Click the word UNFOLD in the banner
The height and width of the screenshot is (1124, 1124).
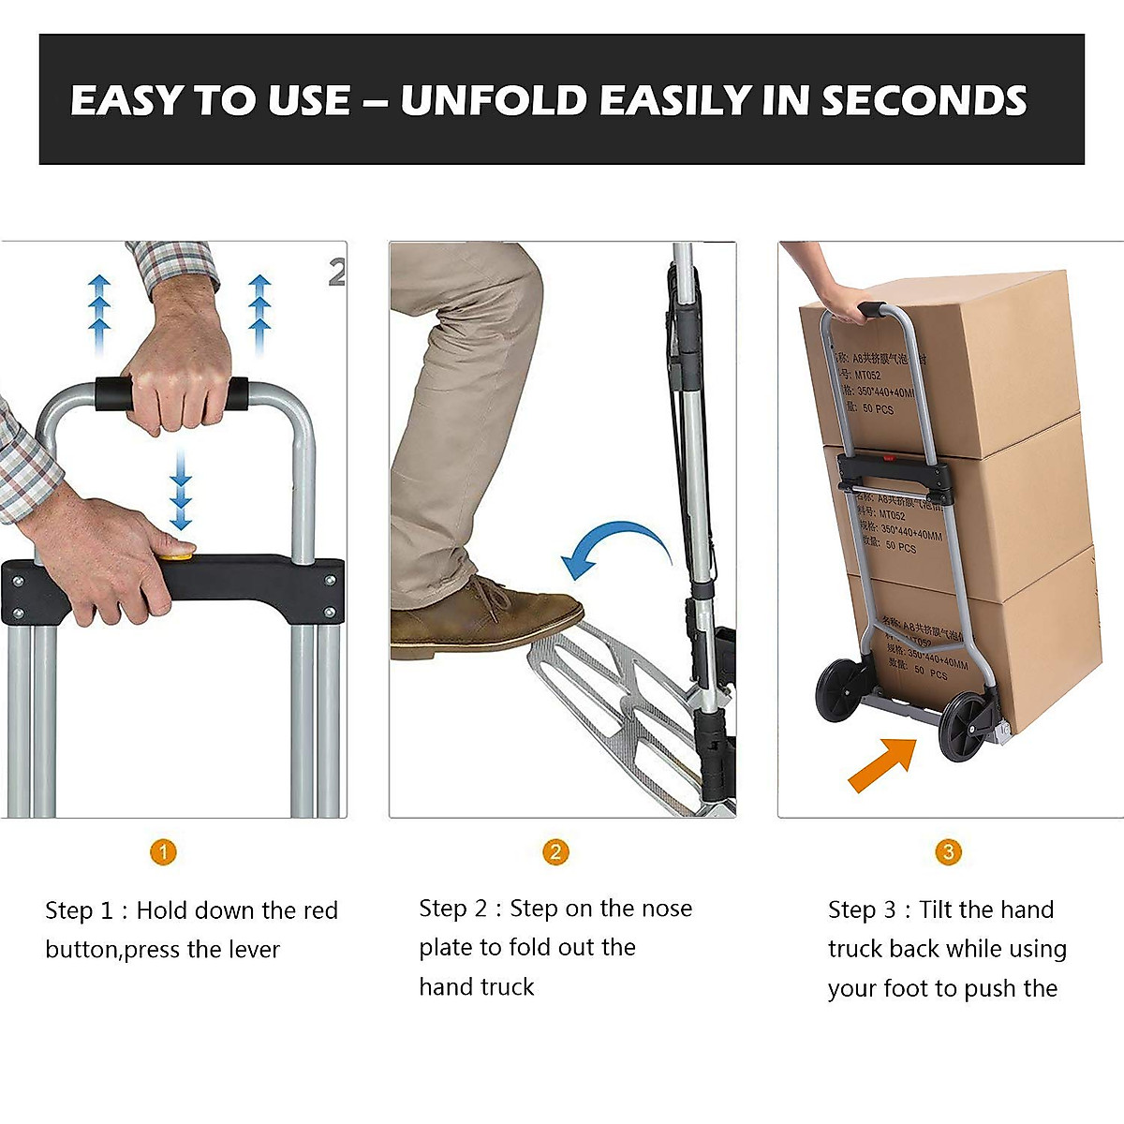(x=493, y=101)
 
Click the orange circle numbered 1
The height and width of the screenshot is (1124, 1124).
(x=163, y=852)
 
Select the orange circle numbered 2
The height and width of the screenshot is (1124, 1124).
(x=555, y=852)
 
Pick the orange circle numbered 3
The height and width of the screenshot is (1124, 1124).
(x=948, y=852)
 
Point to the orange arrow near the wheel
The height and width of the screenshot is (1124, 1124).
(x=880, y=763)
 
